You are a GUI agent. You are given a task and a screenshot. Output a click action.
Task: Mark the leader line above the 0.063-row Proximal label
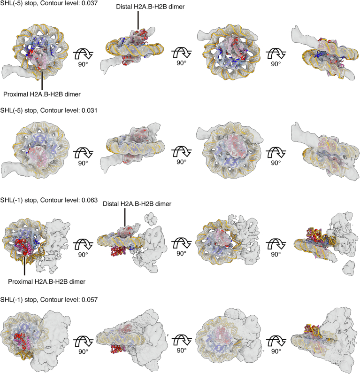(23, 263)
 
